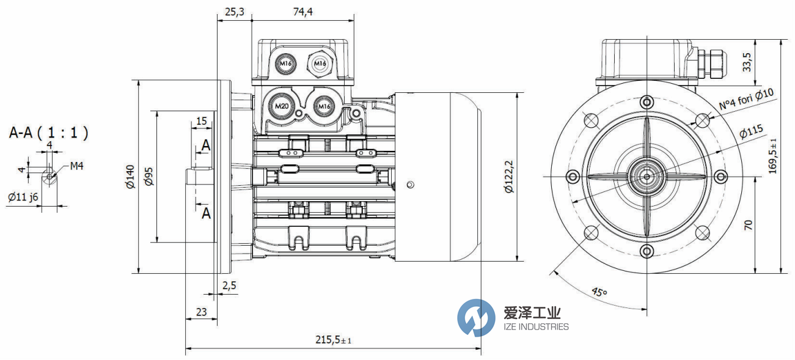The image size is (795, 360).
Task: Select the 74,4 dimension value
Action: point(299,12)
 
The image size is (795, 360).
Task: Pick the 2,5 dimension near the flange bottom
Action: point(230,285)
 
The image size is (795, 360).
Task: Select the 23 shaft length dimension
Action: point(200,312)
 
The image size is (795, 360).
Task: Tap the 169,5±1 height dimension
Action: point(774,155)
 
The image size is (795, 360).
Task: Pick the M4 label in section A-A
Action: point(76,166)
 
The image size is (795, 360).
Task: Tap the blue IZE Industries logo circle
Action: point(476,317)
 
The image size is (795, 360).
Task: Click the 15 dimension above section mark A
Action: point(201,121)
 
